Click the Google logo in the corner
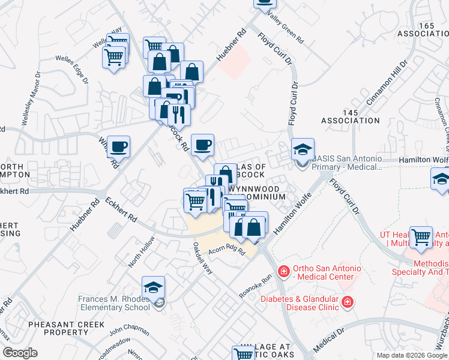pyautogui.click(x=19, y=353)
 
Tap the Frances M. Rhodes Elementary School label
pyautogui.click(x=113, y=303)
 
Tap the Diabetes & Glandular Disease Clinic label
pyautogui.click(x=300, y=302)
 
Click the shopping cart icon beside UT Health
pyautogui.click(x=422, y=237)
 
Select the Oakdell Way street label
pyautogui.click(x=202, y=258)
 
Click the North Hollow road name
pyautogui.click(x=141, y=252)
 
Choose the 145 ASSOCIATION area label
pyautogui.click(x=351, y=116)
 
